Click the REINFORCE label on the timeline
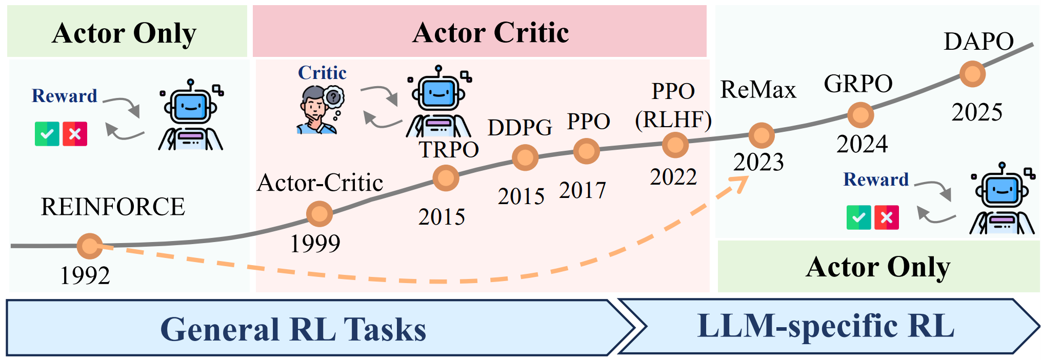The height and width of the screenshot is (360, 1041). (113, 207)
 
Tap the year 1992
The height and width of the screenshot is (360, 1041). (85, 275)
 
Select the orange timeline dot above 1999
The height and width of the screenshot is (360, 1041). (319, 214)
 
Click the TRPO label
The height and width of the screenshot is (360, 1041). (449, 150)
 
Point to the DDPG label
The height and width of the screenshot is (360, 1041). (519, 128)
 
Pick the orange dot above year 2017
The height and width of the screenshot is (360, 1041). (586, 151)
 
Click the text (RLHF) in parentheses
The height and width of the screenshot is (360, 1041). (673, 119)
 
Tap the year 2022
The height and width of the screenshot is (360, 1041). (673, 177)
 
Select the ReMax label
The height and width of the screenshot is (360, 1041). (758, 90)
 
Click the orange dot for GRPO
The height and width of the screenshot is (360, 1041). (860, 115)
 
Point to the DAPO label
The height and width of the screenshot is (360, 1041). (978, 42)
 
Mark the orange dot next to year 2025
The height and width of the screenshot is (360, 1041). (972, 74)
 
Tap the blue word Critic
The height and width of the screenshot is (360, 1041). (322, 73)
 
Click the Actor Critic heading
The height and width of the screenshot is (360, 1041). (490, 33)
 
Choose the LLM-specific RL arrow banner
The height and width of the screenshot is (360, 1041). (826, 327)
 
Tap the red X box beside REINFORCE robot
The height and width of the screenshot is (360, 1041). (75, 134)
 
